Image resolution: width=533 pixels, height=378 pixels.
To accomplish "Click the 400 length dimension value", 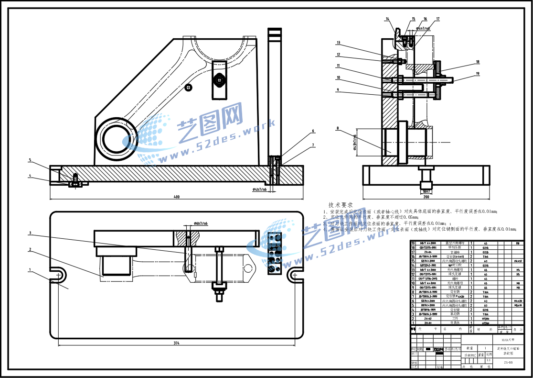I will pos(176,197).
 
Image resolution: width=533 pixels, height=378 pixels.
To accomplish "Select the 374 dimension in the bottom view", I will pos(177,343).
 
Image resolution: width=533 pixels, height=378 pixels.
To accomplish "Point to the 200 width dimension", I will pos(426,197).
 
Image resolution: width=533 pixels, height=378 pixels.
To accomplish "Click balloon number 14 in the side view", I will pos(387,19).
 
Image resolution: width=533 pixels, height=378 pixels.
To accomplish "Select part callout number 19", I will pos(478,73).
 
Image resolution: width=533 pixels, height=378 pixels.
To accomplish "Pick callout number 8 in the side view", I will pos(337,128).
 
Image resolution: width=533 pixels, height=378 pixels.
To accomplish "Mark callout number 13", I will pos(337,42).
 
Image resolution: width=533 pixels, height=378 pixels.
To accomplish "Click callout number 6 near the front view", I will pos(313,131).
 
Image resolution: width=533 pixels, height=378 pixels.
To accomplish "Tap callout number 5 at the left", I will pos(29,160).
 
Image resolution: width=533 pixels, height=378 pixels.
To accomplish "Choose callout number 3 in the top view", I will pos(30,233).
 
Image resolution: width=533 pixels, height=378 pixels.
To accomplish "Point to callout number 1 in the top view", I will pos(30,270).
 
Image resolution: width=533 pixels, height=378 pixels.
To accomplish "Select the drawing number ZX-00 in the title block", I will pos(508,362).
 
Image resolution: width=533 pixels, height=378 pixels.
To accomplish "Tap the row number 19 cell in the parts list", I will pos(413,243).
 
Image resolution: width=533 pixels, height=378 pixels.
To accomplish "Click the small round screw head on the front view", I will pos(190,87).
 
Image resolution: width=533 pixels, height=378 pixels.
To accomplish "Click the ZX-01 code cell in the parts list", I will pos(428,323).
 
